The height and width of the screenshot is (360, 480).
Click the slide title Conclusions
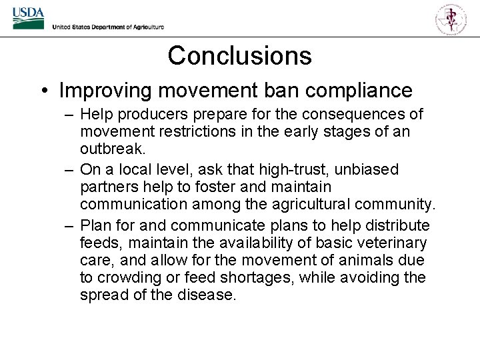tap(239, 55)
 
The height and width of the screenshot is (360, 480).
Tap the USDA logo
tap(28, 18)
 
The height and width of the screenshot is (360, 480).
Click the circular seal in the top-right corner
tap(451, 18)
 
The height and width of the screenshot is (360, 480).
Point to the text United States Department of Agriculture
tap(108, 27)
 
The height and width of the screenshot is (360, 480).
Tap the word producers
tap(155, 115)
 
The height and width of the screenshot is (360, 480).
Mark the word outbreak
tap(110, 149)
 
